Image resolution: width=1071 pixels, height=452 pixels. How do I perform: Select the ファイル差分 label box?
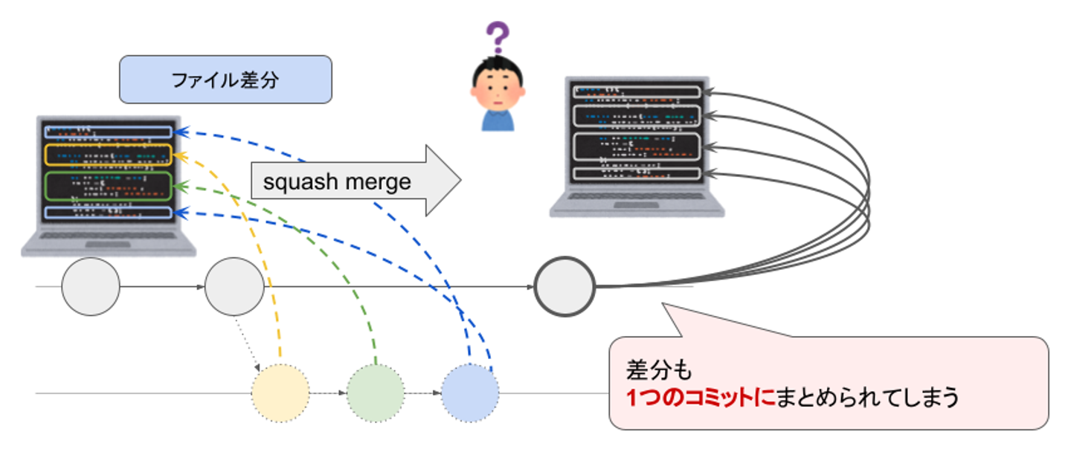[x=225, y=79]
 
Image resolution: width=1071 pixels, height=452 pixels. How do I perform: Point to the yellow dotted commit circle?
[x=280, y=393]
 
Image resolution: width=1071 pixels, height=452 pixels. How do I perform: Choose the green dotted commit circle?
[x=376, y=393]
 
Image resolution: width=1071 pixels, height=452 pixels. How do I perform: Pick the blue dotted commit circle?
[x=470, y=393]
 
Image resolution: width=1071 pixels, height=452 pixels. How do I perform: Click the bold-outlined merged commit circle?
[x=565, y=285]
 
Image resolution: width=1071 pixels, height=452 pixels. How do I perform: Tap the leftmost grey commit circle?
[x=90, y=286]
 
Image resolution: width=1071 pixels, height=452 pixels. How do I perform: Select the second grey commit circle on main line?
[x=234, y=286]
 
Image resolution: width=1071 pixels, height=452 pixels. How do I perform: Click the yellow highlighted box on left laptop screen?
[x=109, y=155]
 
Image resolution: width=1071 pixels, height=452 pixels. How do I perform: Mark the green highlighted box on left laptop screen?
[x=109, y=186]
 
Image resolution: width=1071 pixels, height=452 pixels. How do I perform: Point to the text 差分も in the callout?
[x=654, y=369]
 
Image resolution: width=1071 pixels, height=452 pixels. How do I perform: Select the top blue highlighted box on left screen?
[x=109, y=132]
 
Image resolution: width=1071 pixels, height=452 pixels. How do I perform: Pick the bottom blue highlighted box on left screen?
[x=109, y=213]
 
